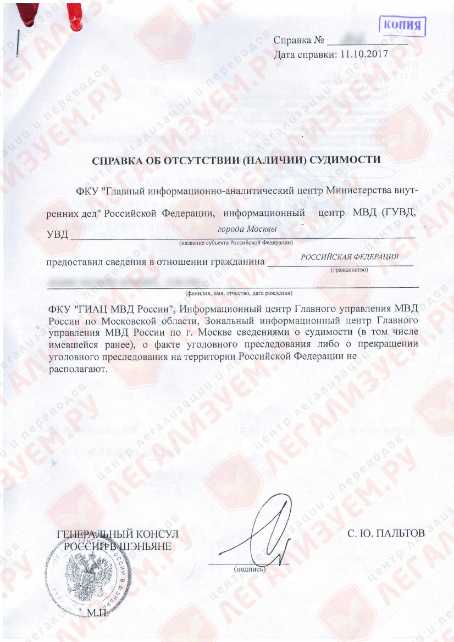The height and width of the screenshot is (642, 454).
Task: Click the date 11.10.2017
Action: point(364,54)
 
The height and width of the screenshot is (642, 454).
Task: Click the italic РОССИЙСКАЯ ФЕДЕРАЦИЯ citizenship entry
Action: point(350,256)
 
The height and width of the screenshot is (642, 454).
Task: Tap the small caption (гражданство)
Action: point(350,270)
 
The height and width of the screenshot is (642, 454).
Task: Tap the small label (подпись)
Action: point(250,570)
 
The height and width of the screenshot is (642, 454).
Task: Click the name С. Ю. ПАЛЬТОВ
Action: point(386,533)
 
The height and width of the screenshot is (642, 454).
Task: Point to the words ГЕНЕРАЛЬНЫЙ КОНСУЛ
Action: point(118,534)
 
